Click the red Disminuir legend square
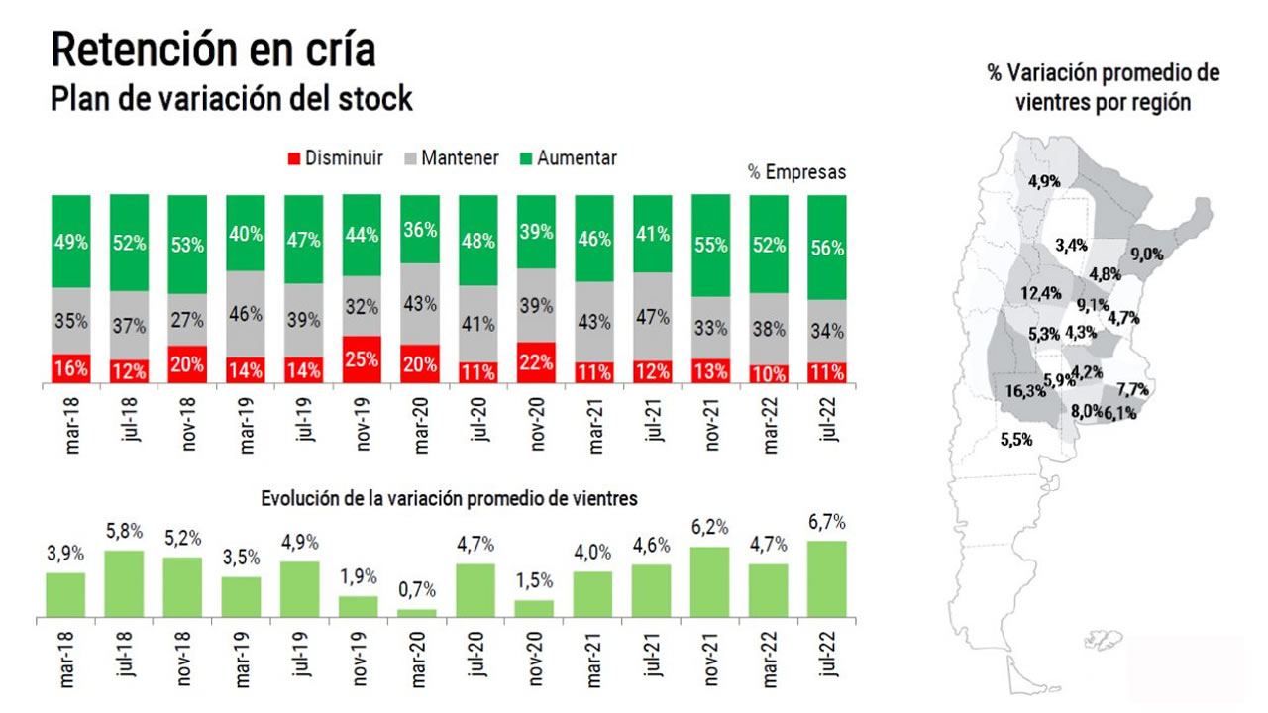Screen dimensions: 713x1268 [292, 158]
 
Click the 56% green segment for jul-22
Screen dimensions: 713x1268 [827, 248]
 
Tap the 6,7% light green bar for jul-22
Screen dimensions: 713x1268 [827, 579]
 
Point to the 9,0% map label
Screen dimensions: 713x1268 [1174, 255]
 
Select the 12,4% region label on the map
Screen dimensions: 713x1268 [1040, 293]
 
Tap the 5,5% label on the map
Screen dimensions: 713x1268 [1015, 438]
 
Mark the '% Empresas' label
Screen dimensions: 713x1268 [797, 173]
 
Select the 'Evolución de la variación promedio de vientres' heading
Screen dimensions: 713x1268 [449, 498]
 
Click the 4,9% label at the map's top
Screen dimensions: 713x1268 [1045, 181]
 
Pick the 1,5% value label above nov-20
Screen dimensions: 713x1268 [536, 581]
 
